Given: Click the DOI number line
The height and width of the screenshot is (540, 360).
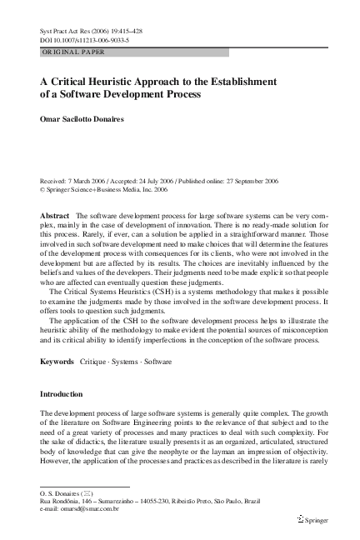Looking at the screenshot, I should coord(80,39).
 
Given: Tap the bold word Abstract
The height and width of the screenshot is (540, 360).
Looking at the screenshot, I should coord(55,216).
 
